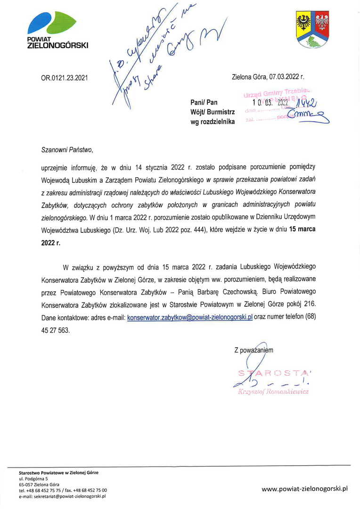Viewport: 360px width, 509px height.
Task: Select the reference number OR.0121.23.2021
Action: point(64,78)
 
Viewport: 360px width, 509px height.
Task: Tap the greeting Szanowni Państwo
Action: point(67,150)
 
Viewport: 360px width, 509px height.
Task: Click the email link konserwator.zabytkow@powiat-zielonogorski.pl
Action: point(190,318)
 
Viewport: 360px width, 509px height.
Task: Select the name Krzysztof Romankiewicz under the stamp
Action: point(274,392)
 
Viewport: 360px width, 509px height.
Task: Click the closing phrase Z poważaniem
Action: point(254,350)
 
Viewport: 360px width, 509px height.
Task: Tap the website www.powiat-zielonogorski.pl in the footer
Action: point(304,489)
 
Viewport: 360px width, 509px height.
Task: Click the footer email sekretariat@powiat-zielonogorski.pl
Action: point(62,496)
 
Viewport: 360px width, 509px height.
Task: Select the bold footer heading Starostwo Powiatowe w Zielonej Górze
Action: point(58,472)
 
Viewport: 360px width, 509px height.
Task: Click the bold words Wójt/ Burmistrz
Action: point(213,112)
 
